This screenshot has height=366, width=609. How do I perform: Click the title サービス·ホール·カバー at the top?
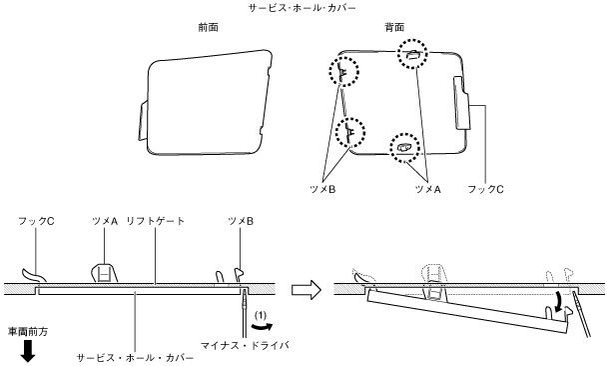303,8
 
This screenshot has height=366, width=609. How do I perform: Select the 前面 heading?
209,27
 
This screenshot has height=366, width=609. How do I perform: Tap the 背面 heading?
394,27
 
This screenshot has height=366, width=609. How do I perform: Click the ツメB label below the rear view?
322,189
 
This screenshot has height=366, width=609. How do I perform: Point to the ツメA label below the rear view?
428,189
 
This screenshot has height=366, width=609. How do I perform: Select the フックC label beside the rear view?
485,189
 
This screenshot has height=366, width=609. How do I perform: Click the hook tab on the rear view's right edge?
461,103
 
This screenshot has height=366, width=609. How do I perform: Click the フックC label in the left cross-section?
36,221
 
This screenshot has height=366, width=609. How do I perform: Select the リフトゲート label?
156,221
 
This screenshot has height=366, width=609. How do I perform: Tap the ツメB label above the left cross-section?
241,221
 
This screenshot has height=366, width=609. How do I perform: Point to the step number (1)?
260,315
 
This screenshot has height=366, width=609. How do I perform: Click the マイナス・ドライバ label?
245,345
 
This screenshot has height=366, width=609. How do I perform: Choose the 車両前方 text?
28,332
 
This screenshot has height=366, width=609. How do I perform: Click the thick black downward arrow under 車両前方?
28,351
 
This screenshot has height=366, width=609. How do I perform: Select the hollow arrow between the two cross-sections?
306,290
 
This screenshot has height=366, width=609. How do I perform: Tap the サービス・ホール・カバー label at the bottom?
135,358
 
